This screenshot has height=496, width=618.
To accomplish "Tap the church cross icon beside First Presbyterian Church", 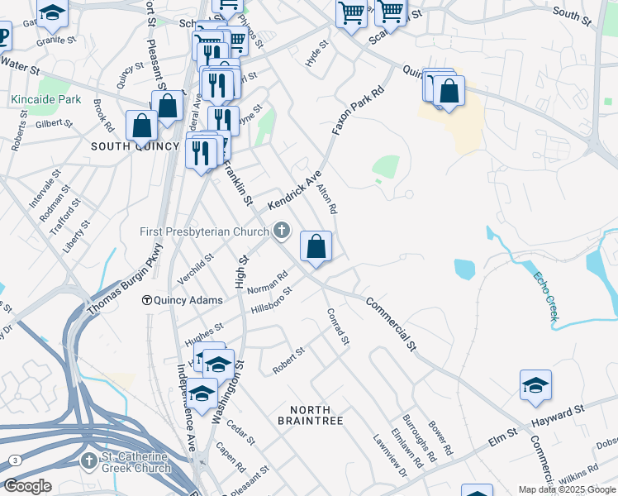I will [x=283, y=231].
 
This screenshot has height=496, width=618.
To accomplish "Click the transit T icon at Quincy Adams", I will [x=146, y=300].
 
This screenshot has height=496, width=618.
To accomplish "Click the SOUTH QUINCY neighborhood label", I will [x=135, y=146].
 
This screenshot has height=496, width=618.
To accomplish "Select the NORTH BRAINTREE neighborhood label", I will [x=311, y=415].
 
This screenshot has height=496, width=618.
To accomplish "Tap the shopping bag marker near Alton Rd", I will [x=316, y=246].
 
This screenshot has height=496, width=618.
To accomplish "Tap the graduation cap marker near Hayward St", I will [x=535, y=385].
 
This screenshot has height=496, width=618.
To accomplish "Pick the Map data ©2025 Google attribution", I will [x=567, y=489].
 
